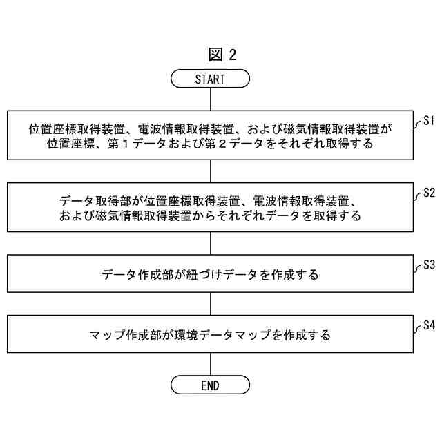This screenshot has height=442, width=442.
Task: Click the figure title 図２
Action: (x=221, y=55)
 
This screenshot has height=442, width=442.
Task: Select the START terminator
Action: (x=210, y=79)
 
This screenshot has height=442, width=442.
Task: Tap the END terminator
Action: (x=210, y=385)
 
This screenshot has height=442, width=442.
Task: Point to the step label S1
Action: (x=428, y=122)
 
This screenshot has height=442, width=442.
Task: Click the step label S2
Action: (x=428, y=192)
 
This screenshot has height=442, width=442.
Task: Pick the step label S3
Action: (x=428, y=264)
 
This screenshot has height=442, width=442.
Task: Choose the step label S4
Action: (x=428, y=323)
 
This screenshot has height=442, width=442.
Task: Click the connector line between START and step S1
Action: (x=210, y=99)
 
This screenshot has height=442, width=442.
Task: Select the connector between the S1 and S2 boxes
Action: (x=210, y=171)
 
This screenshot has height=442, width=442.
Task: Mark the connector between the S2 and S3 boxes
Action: (x=210, y=243)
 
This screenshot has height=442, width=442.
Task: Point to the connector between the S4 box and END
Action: (x=210, y=365)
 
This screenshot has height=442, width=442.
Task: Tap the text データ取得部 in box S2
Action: (x=95, y=202)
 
